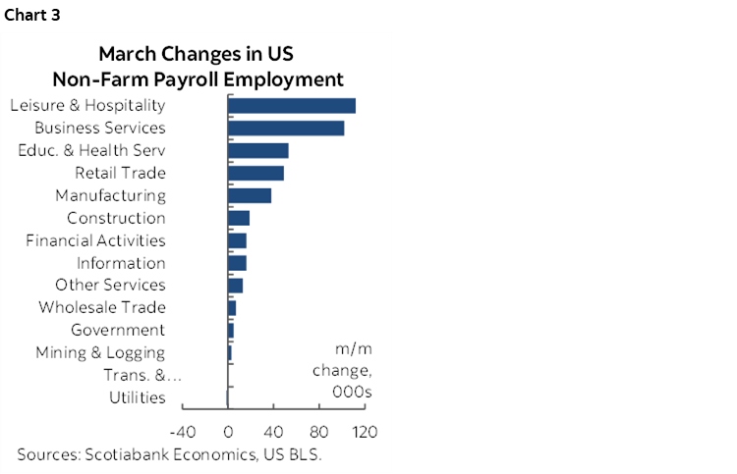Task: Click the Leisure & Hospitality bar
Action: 291,106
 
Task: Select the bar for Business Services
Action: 285,129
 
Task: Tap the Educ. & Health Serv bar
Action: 257,151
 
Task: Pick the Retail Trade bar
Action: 255,174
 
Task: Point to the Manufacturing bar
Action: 250,195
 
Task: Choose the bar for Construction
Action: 239,218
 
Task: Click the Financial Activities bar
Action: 237,240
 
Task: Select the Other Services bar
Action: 235,286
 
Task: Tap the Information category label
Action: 121,263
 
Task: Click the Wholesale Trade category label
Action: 102,308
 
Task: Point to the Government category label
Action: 118,331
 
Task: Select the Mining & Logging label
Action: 100,353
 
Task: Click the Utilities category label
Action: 138,398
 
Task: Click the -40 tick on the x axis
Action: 183,432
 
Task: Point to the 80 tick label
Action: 319,432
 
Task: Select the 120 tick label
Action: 365,432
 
